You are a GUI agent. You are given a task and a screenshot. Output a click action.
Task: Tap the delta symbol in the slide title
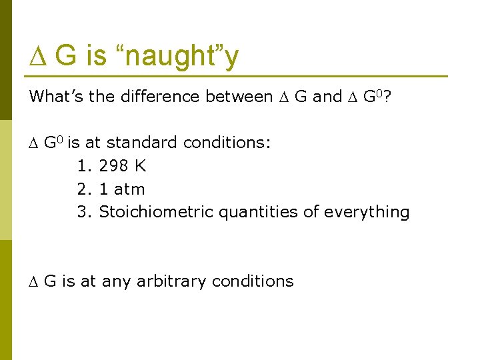coord(37,56)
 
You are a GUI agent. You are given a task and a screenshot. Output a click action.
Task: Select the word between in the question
coord(239,97)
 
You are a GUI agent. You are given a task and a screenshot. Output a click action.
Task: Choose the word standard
coord(141,143)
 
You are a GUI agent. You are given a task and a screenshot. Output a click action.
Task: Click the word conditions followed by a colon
coord(226,143)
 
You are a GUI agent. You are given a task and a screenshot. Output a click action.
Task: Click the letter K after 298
coord(140,166)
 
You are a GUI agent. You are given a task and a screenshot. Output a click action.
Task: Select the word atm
coord(129,189)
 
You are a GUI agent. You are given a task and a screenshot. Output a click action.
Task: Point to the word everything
coord(366,213)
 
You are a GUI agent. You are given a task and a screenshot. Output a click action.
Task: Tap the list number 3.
coord(83,213)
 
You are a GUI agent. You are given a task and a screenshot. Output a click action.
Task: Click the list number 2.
coord(83,189)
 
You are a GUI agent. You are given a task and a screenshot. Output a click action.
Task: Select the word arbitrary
coord(171,281)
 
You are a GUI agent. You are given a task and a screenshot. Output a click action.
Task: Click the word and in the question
coord(327,97)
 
